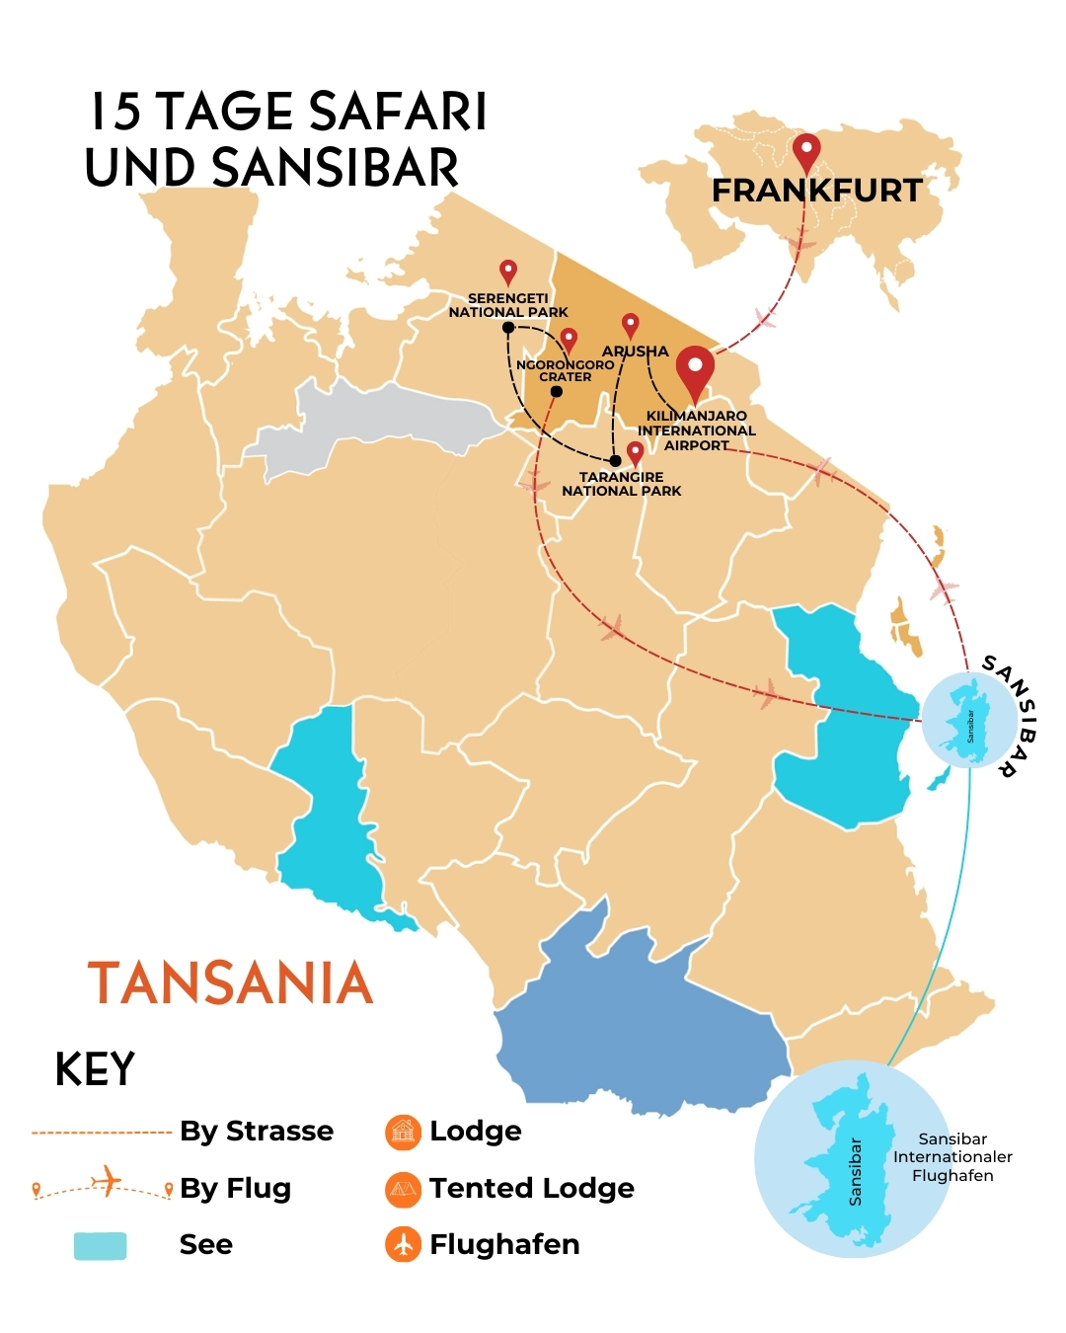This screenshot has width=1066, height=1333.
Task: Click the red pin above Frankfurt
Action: [806, 153]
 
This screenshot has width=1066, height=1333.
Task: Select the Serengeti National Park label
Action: [508, 305]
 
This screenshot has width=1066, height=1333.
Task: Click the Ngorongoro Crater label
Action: [566, 370]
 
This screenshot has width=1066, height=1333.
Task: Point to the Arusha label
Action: [636, 352]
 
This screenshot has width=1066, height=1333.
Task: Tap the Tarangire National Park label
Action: [622, 484]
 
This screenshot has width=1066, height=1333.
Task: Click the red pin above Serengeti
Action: [508, 272]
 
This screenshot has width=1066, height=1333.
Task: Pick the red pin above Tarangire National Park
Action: [636, 453]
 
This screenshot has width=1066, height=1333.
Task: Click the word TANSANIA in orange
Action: [231, 983]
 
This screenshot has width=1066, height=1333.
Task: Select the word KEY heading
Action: [95, 1069]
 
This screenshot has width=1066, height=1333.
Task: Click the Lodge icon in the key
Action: [403, 1132]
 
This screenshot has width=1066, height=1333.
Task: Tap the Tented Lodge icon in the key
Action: [403, 1189]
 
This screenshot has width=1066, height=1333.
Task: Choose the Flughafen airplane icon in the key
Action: [403, 1244]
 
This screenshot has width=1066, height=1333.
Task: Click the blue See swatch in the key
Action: [101, 1245]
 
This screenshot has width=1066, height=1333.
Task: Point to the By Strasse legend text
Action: [257, 1132]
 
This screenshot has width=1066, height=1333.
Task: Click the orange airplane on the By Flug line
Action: [106, 1179]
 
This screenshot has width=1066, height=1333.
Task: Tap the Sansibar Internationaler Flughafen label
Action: [952, 1157]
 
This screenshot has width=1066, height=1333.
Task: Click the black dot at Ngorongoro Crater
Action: [556, 392]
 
